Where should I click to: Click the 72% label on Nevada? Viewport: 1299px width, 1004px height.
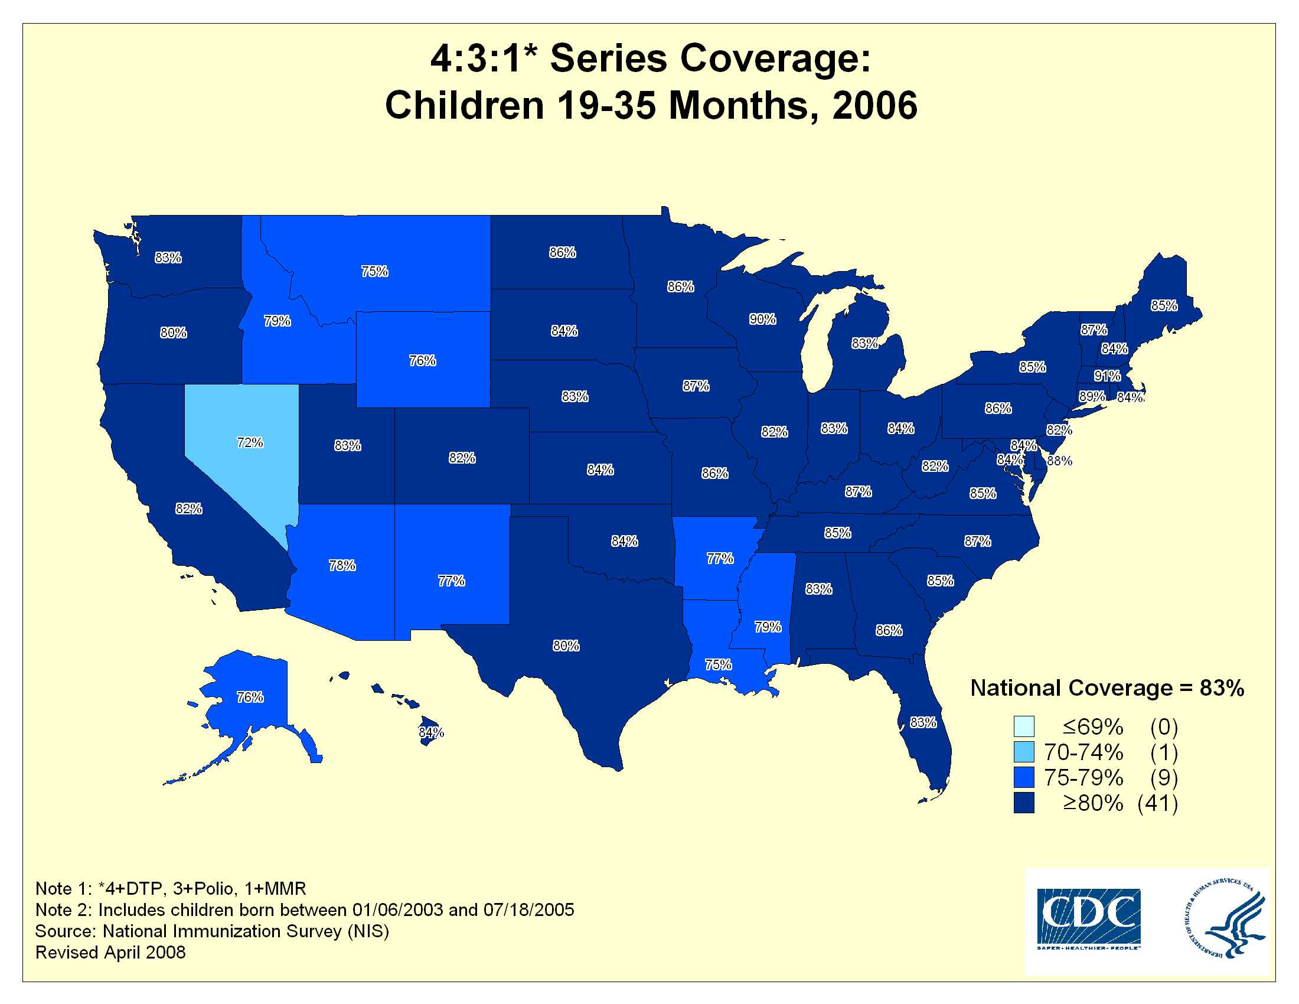coord(250,442)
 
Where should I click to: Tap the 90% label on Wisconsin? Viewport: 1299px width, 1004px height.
coord(762,320)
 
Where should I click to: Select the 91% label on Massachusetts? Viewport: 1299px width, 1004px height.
coord(1108,376)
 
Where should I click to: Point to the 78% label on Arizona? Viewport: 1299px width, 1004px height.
coord(342,565)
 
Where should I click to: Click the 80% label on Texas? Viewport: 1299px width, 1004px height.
coord(566,646)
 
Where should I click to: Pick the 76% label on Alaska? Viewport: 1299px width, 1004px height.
coord(250,696)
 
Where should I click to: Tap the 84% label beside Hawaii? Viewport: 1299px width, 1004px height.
coord(431,732)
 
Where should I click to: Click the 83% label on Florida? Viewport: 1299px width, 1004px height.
coord(923,722)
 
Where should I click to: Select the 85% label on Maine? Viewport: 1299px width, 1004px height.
coord(1164,305)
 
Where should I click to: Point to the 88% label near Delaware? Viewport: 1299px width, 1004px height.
coord(1060,461)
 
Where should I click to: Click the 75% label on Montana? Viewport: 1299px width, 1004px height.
coord(375,271)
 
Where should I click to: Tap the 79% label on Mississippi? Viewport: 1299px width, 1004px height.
coord(768,627)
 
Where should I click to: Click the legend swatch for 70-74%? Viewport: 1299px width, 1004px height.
coord(1024,752)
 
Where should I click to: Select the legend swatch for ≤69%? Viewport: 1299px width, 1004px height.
coord(1024,726)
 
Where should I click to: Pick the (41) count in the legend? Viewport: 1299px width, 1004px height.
coord(1157,803)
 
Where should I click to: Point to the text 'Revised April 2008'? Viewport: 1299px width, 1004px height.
coord(110,952)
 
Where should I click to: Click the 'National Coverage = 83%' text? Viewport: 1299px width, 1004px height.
coord(1107,688)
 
